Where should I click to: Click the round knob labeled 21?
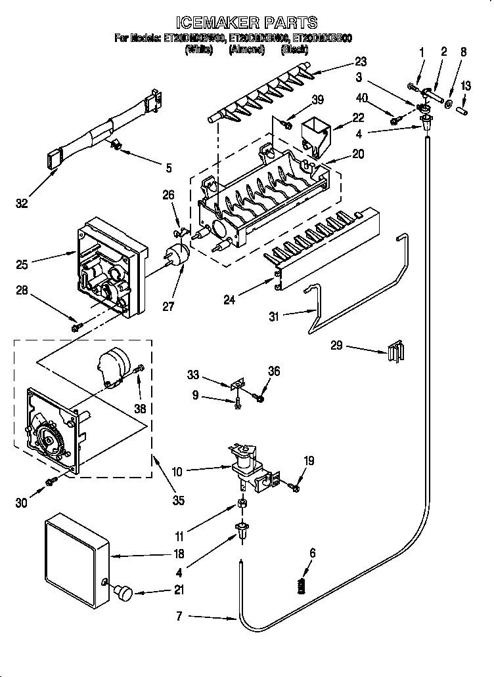(x=123, y=592)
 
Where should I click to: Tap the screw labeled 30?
(x=50, y=483)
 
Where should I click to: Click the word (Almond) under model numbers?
(x=246, y=49)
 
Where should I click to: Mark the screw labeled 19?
(x=294, y=486)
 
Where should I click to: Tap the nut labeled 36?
(x=261, y=397)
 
